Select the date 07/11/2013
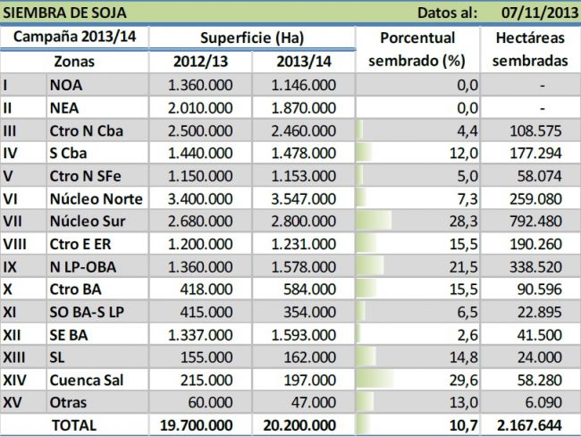[535, 13]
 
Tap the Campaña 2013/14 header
[74, 38]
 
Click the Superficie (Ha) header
[253, 38]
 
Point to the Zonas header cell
[74, 63]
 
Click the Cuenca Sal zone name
[89, 379]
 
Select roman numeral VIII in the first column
[15, 243]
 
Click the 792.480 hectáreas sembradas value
[535, 221]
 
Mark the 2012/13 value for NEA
[202, 108]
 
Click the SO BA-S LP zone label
[93, 311]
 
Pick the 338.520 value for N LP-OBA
[535, 266]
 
